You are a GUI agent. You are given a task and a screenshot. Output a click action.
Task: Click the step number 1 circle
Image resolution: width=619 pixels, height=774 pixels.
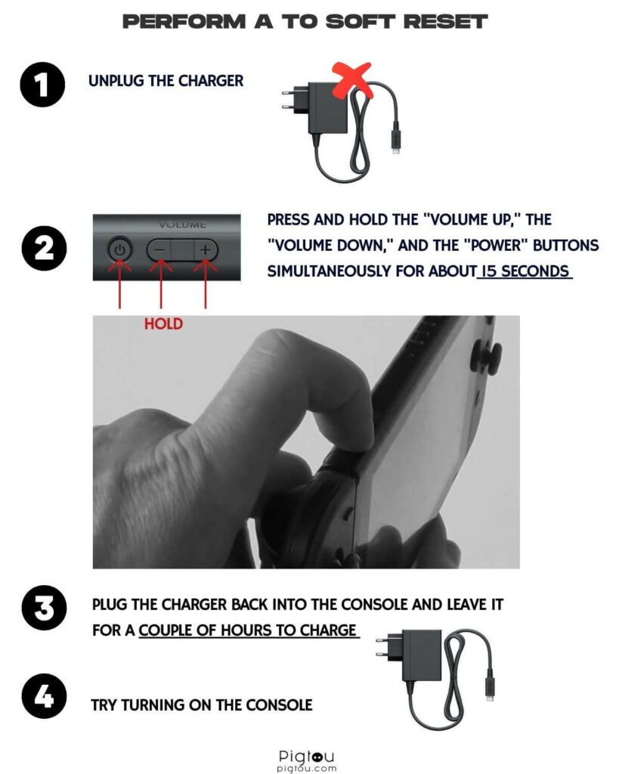click(42, 85)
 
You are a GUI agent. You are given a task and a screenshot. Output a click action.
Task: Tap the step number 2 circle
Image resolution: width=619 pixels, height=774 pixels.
click(44, 248)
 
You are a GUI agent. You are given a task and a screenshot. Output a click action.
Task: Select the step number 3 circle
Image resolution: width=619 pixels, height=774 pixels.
click(44, 608)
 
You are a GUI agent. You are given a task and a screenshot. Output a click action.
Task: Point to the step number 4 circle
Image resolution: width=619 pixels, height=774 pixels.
click(44, 695)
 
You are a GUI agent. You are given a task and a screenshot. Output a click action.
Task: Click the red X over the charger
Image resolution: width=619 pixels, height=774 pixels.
click(351, 79)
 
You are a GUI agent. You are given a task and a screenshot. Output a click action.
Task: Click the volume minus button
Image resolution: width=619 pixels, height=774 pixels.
click(159, 250)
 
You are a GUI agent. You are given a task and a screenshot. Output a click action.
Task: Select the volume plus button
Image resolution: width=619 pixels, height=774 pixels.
click(206, 250)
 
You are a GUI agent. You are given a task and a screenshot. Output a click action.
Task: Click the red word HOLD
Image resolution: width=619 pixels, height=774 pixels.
click(163, 324)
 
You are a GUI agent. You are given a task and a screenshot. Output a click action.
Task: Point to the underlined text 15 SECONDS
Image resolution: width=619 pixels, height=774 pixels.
click(525, 271)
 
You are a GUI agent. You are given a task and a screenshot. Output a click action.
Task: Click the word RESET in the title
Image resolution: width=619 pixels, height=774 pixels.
click(445, 22)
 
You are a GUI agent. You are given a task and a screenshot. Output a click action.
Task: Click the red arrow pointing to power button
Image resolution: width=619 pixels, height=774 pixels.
click(119, 285)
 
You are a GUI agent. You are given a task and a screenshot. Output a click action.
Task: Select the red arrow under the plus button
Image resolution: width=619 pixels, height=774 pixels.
click(206, 285)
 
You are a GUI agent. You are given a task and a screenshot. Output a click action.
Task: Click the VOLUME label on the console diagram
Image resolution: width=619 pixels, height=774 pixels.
click(182, 224)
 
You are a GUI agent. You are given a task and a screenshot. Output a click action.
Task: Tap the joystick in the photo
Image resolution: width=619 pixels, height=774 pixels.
click(486, 356)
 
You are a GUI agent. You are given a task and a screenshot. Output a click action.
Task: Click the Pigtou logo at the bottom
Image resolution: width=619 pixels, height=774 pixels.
click(307, 760)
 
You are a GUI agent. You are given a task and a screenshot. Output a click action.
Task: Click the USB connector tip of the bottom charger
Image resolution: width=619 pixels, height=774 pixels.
click(489, 697)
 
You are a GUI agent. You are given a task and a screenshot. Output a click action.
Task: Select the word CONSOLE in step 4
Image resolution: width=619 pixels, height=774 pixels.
click(279, 705)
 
